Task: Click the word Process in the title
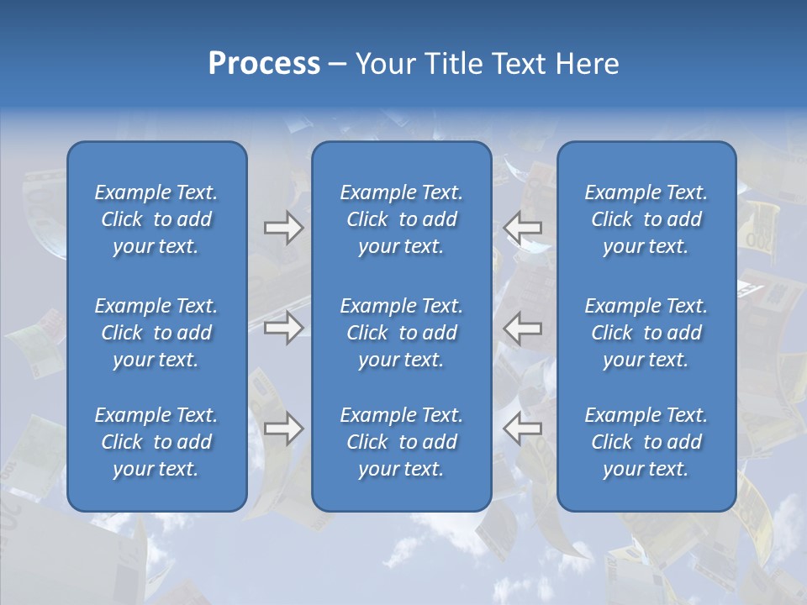pyautogui.click(x=264, y=64)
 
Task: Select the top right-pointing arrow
pyautogui.click(x=283, y=228)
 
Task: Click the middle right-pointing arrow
pyautogui.click(x=283, y=327)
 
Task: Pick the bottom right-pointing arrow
pyautogui.click(x=283, y=429)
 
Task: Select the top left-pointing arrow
pyautogui.click(x=522, y=228)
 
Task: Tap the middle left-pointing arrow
pyautogui.click(x=522, y=327)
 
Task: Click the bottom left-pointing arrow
pyautogui.click(x=522, y=429)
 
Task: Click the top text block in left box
pyautogui.click(x=156, y=219)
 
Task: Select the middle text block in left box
pyautogui.click(x=156, y=333)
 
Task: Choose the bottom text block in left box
pyautogui.click(x=156, y=442)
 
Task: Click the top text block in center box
pyautogui.click(x=401, y=219)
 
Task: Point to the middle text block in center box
pyautogui.click(x=401, y=333)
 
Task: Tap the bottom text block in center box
pyautogui.click(x=401, y=442)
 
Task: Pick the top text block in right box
pyautogui.click(x=646, y=219)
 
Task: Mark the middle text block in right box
pyautogui.click(x=646, y=333)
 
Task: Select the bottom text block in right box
pyautogui.click(x=646, y=442)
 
